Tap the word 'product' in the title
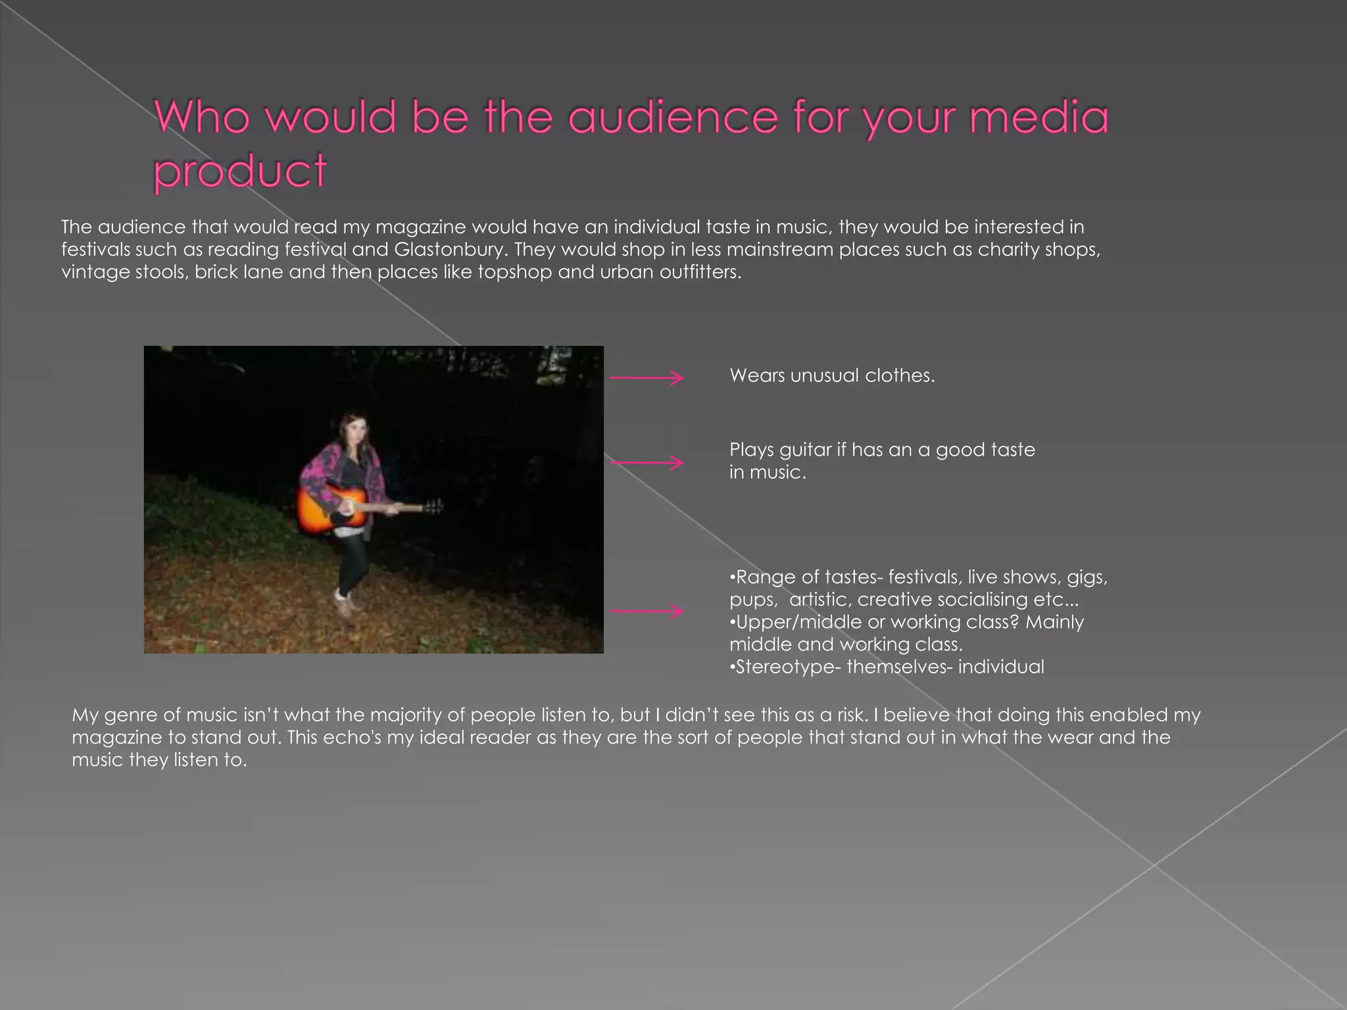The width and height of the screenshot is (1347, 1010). click(x=239, y=171)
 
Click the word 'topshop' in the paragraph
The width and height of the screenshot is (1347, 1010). click(x=514, y=272)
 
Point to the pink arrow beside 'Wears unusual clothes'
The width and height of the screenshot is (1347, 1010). click(x=647, y=377)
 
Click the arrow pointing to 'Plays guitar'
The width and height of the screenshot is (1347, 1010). click(x=647, y=463)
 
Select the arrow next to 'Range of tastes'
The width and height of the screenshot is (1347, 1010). click(x=647, y=612)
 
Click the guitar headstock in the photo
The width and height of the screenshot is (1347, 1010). click(x=433, y=506)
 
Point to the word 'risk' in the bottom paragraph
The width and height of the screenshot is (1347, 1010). click(x=851, y=715)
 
